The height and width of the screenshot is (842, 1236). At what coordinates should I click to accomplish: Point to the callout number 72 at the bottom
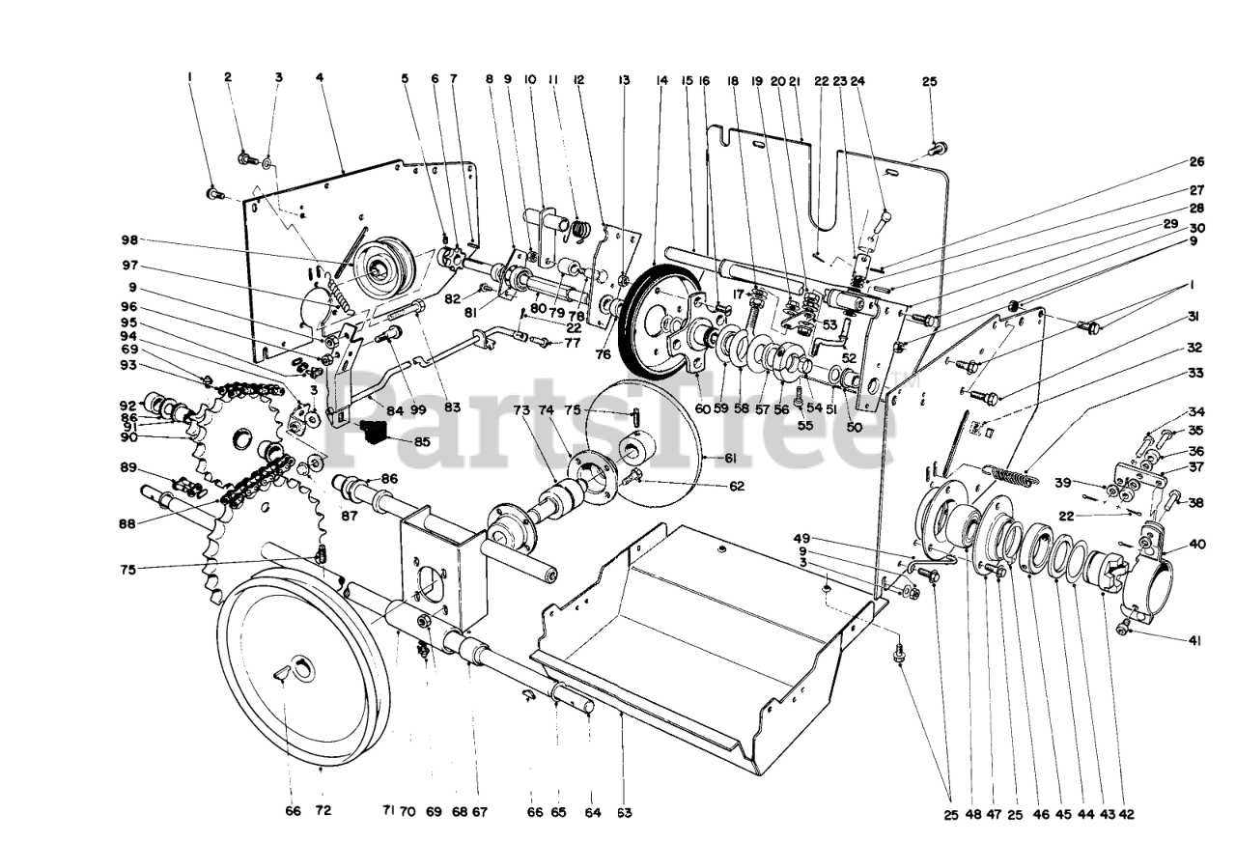(x=323, y=812)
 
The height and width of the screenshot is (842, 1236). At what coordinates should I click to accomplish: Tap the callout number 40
(x=1197, y=544)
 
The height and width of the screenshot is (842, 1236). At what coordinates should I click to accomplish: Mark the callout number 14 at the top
(x=661, y=81)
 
